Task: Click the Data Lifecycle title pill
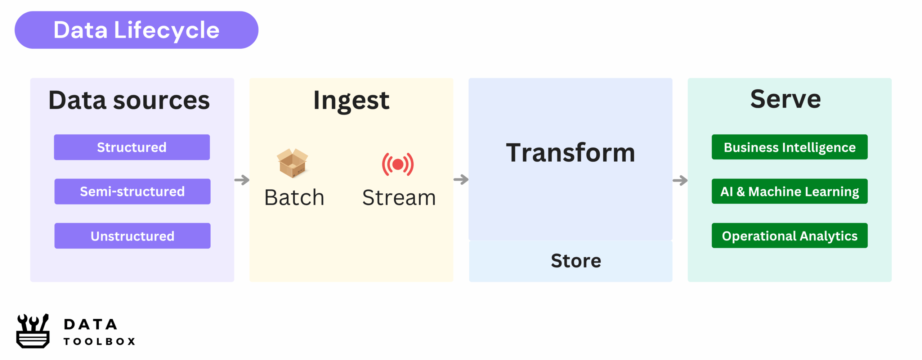tap(136, 30)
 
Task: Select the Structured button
tap(132, 147)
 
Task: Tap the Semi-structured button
tap(132, 192)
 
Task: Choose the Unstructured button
tap(132, 236)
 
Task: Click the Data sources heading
tap(129, 100)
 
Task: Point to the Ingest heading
tap(351, 100)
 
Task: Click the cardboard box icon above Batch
tap(292, 163)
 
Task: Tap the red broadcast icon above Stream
tap(398, 165)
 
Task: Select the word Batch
tap(294, 197)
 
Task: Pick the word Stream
tap(399, 197)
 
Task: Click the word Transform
tap(570, 153)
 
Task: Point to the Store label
tap(576, 261)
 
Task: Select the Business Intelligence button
tap(789, 147)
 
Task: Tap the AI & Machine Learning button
tap(789, 192)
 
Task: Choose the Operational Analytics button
tap(789, 236)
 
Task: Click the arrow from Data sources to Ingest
tap(242, 180)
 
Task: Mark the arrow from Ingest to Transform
tap(461, 179)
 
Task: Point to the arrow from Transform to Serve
tap(680, 180)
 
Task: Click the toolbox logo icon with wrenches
tap(33, 331)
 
